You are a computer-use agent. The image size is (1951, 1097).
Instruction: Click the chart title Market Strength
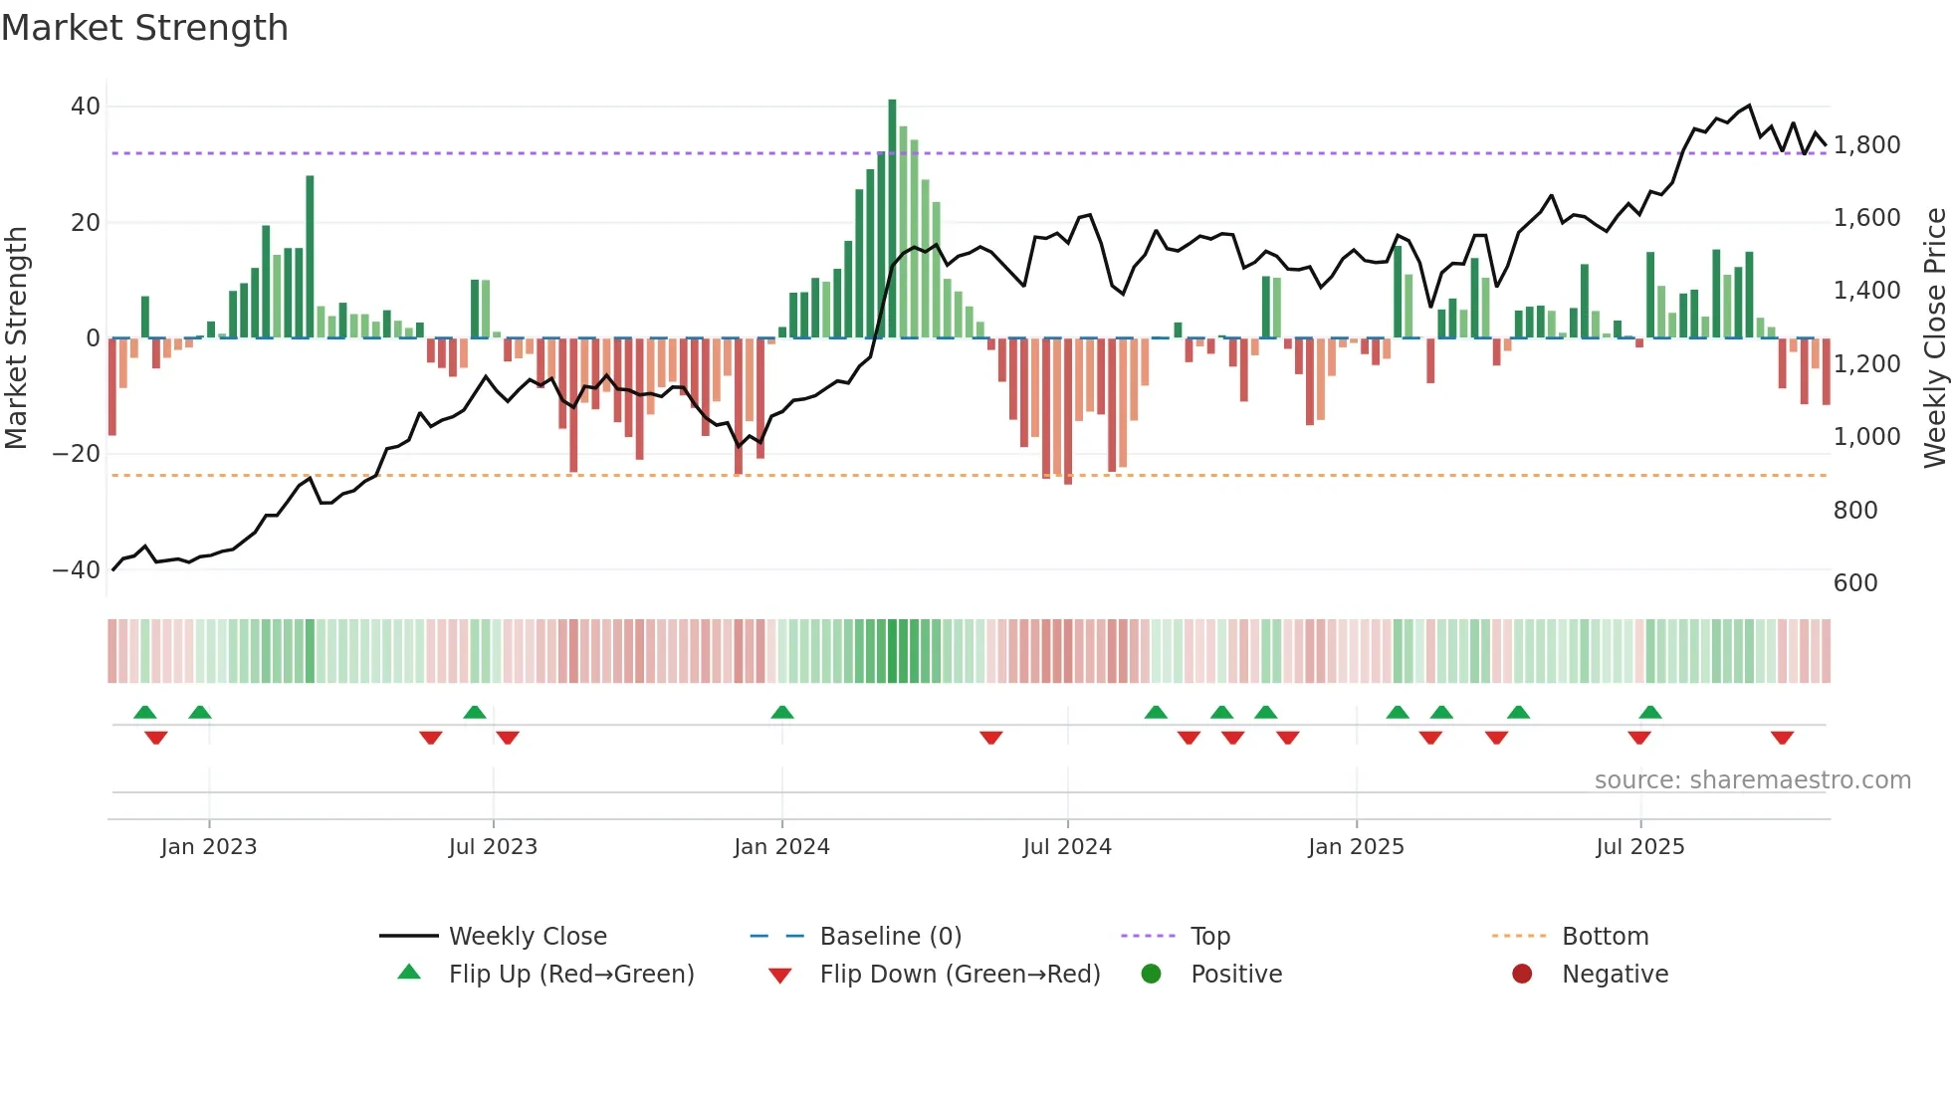pyautogui.click(x=144, y=28)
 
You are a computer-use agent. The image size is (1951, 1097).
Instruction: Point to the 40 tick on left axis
pyautogui.click(x=86, y=107)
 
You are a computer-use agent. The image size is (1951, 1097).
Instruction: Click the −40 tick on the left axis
pyautogui.click(x=77, y=570)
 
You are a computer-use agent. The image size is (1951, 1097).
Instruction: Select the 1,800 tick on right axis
pyautogui.click(x=1866, y=145)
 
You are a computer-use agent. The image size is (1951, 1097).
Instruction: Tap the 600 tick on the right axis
pyautogui.click(x=1855, y=583)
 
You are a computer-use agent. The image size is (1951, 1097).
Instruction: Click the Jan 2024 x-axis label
pyautogui.click(x=781, y=847)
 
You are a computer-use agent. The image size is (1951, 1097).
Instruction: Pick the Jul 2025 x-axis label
pyautogui.click(x=1639, y=847)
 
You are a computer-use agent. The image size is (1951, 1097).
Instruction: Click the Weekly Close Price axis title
pyautogui.click(x=1934, y=338)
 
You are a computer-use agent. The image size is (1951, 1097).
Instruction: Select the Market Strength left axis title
pyautogui.click(x=17, y=338)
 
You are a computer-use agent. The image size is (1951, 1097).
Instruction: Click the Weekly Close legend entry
pyautogui.click(x=527, y=937)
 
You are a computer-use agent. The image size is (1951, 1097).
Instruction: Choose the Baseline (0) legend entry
pyautogui.click(x=890, y=937)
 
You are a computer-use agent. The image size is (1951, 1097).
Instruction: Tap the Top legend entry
pyautogui.click(x=1209, y=937)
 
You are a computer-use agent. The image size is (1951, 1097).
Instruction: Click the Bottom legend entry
pyautogui.click(x=1605, y=937)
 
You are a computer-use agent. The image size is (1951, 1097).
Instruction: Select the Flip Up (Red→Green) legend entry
pyautogui.click(x=570, y=975)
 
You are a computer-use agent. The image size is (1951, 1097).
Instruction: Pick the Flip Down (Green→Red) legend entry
pyautogui.click(x=959, y=975)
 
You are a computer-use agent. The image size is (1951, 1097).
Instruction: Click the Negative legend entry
pyautogui.click(x=1614, y=975)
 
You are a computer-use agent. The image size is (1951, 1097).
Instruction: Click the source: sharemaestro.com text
pyautogui.click(x=1752, y=780)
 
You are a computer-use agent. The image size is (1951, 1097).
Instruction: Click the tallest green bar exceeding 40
pyautogui.click(x=892, y=219)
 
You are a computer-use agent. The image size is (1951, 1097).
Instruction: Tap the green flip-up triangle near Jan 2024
pyautogui.click(x=782, y=712)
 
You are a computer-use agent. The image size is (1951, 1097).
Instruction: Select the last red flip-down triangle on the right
pyautogui.click(x=1782, y=738)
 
